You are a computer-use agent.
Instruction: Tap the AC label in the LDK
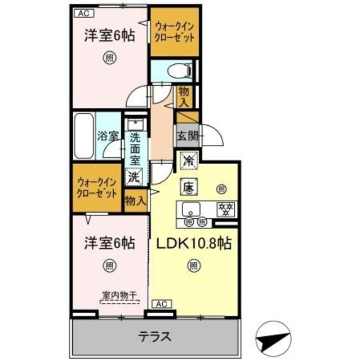coord(161,303)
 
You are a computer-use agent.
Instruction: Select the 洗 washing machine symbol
coord(134,177)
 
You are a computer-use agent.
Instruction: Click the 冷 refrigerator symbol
coord(188,161)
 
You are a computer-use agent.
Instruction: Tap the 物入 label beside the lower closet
coord(135,200)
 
